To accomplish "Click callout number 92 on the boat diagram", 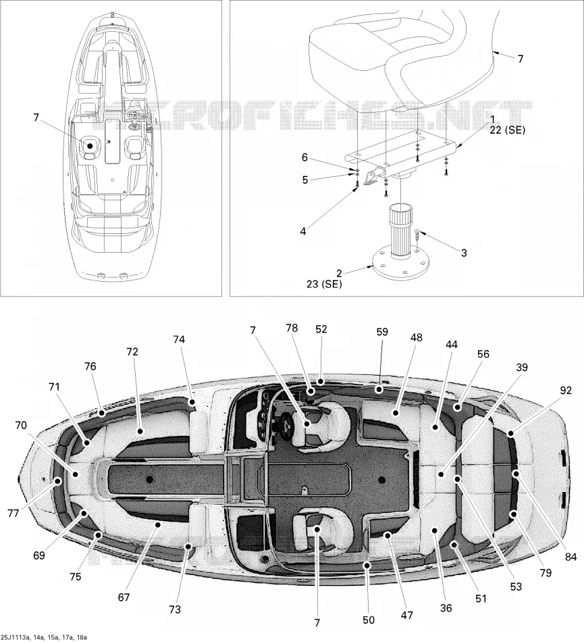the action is (566, 391).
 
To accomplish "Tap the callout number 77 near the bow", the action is (13, 513).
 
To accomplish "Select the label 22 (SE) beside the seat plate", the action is (507, 130).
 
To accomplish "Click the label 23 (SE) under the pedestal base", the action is (324, 284).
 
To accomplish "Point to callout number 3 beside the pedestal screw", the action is (464, 253).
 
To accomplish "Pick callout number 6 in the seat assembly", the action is (304, 157).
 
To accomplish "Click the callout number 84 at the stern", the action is (570, 557).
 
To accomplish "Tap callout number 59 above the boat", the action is (382, 332).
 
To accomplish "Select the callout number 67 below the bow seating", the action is (124, 597).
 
